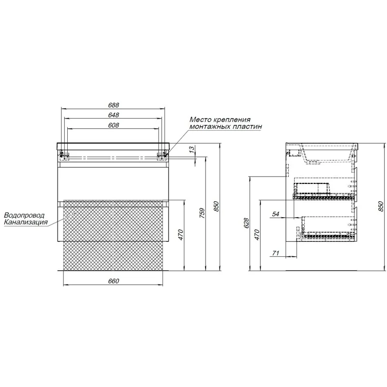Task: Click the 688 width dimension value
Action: (x=114, y=105)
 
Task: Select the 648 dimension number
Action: (x=114, y=115)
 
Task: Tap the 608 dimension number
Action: (x=114, y=125)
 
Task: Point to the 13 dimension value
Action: (x=192, y=150)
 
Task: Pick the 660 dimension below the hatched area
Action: (x=114, y=281)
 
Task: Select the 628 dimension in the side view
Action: (x=246, y=223)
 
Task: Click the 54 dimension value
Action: (x=275, y=214)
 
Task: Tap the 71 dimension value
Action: (x=275, y=253)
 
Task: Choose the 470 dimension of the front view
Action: (x=180, y=235)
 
